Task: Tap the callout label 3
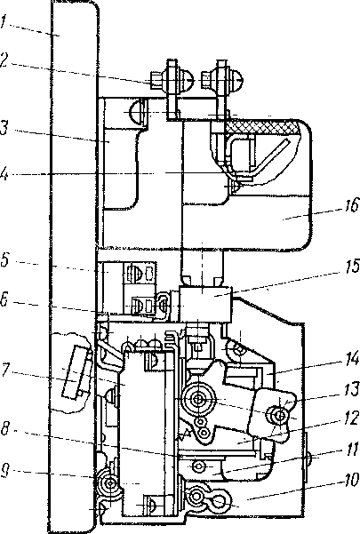(4, 128)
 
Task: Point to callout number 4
(4, 175)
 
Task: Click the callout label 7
(4, 371)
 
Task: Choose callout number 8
(5, 429)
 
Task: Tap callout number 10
(350, 481)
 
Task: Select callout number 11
(352, 450)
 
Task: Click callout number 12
(351, 419)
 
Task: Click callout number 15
(351, 266)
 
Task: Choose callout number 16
(351, 206)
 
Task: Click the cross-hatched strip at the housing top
(261, 128)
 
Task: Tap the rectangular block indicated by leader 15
(205, 304)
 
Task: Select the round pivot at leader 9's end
(111, 474)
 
